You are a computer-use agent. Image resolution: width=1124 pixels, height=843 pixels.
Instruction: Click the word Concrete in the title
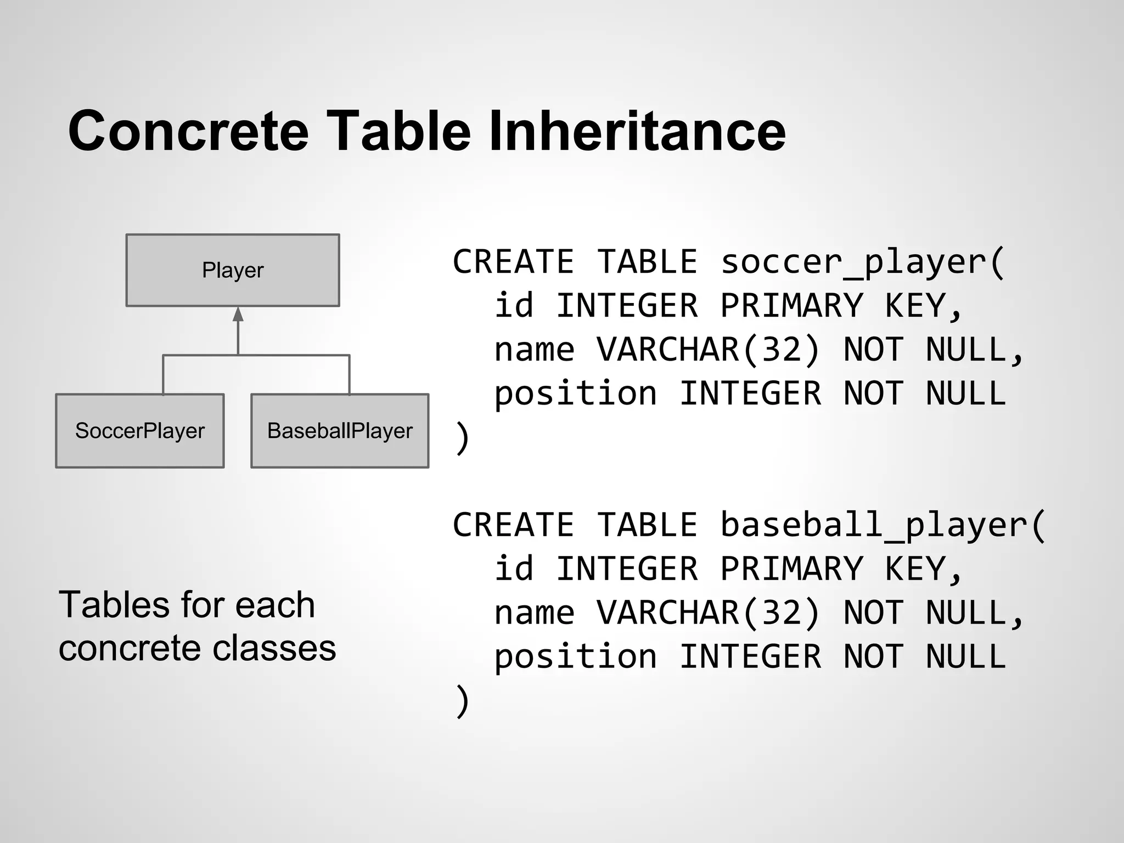[x=188, y=131]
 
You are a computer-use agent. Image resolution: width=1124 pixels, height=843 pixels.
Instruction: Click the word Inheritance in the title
[x=637, y=131]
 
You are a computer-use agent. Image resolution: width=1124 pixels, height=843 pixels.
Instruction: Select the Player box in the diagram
[x=233, y=270]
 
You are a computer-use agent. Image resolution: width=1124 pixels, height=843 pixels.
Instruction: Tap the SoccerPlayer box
[x=140, y=431]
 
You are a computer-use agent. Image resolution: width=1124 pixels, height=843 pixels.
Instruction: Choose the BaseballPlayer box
[x=340, y=431]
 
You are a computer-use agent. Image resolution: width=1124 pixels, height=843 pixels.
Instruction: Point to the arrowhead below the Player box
[x=238, y=314]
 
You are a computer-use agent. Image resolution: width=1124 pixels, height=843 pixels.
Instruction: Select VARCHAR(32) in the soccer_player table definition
[x=708, y=350]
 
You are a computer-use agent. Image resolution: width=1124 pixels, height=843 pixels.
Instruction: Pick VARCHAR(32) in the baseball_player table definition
[x=708, y=612]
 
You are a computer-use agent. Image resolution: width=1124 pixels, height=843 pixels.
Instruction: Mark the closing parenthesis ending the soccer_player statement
[x=462, y=438]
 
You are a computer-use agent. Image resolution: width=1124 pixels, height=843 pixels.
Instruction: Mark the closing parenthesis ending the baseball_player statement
[x=462, y=701]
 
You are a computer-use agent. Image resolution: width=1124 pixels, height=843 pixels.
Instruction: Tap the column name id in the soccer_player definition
[x=514, y=306]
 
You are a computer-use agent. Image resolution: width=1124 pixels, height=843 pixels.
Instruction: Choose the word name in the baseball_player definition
[x=535, y=613]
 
